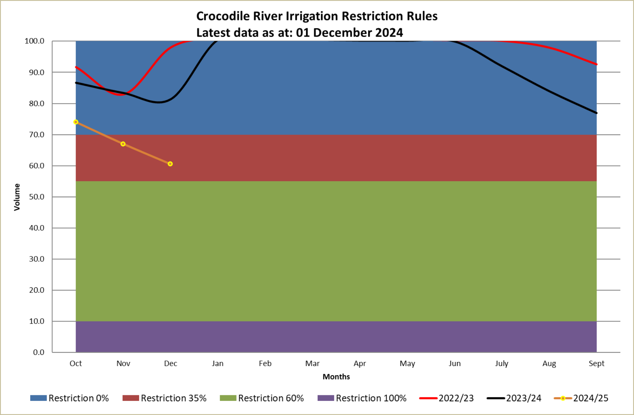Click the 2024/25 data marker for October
click(76, 122)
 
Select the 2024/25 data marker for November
click(123, 144)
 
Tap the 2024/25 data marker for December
click(170, 164)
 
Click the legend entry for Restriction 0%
click(70, 398)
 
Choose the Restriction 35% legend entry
click(164, 398)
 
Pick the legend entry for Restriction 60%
click(262, 398)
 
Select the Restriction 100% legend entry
click(362, 398)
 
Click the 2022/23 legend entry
click(447, 398)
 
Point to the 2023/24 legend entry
click(514, 398)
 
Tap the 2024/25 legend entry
click(581, 398)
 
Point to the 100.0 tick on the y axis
click(34, 41)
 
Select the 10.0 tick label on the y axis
click(37, 321)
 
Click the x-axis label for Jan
click(218, 364)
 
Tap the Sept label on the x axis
click(596, 364)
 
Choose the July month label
click(502, 364)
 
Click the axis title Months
click(336, 377)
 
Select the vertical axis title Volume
click(17, 197)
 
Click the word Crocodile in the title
click(223, 16)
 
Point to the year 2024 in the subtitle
click(389, 33)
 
